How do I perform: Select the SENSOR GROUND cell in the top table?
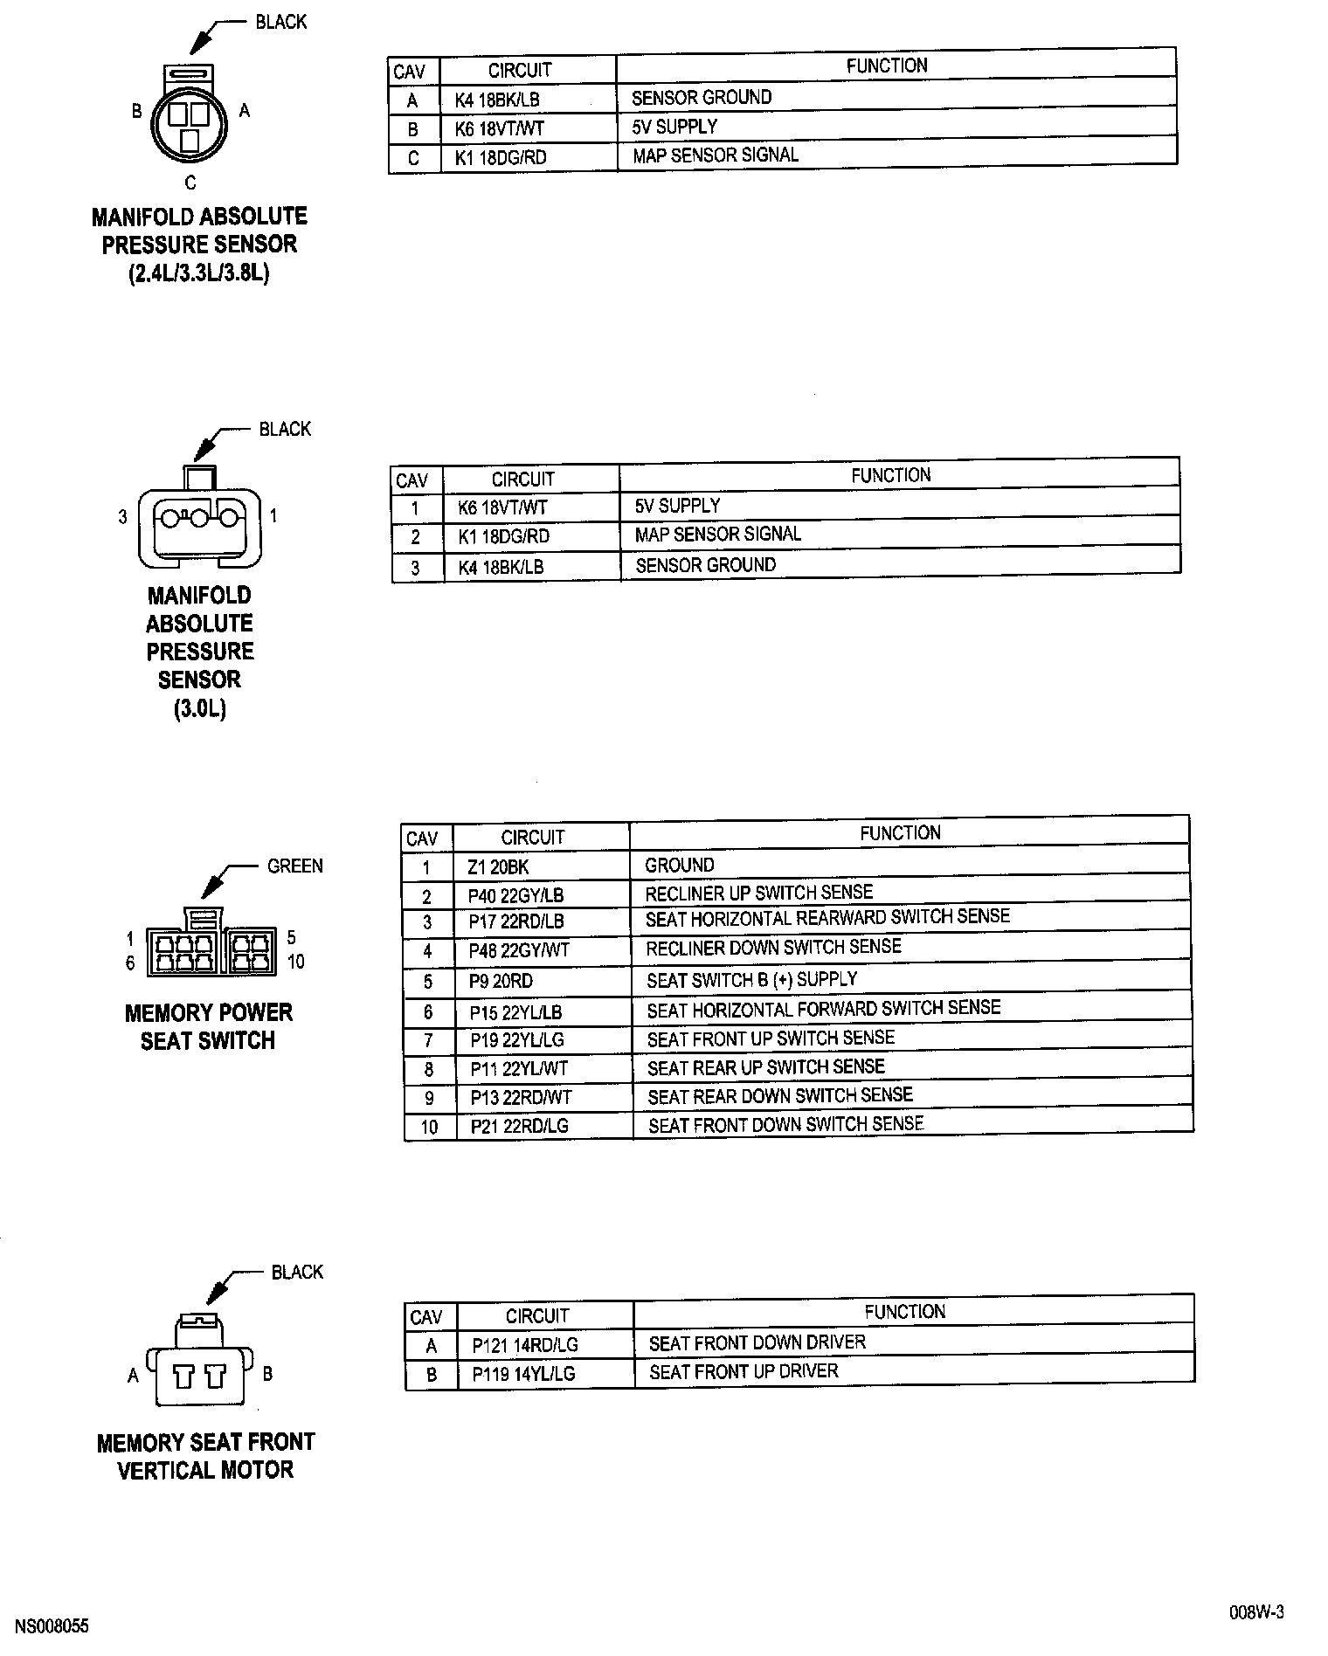coord(702,97)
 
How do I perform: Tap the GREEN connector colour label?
coord(294,866)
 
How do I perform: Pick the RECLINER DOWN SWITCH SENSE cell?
coord(773,948)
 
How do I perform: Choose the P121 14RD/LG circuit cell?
coord(525,1345)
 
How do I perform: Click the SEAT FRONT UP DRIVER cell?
coord(744,1372)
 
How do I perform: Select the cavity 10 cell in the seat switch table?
coord(429,1127)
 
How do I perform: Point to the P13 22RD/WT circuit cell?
coord(521,1098)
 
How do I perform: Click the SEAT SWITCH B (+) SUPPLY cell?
coord(751,980)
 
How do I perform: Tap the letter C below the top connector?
coord(190,183)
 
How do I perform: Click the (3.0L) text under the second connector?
coord(199,708)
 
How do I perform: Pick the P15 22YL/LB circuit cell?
coord(515,1013)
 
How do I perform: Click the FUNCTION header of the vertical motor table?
coord(904,1312)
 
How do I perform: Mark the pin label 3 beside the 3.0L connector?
coord(123,517)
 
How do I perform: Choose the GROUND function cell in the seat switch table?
coord(679,866)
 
